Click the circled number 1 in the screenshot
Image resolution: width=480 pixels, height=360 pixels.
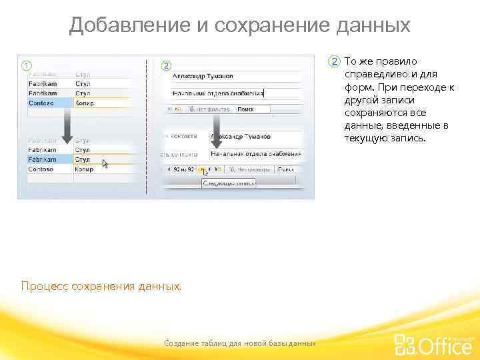[25, 65]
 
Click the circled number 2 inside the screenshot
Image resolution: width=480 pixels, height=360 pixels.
[166, 65]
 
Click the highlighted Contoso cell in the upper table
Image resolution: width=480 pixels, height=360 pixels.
[49, 103]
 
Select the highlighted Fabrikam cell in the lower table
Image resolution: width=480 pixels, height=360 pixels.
[49, 160]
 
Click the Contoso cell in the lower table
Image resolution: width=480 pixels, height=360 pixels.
[49, 169]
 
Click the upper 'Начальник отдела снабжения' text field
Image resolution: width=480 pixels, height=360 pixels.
[227, 93]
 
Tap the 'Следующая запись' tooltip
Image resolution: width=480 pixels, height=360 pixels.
[229, 182]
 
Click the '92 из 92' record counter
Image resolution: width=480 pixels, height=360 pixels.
[182, 170]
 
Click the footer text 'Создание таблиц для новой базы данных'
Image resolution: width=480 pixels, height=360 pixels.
[239, 343]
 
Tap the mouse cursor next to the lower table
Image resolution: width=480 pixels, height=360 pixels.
[105, 163]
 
